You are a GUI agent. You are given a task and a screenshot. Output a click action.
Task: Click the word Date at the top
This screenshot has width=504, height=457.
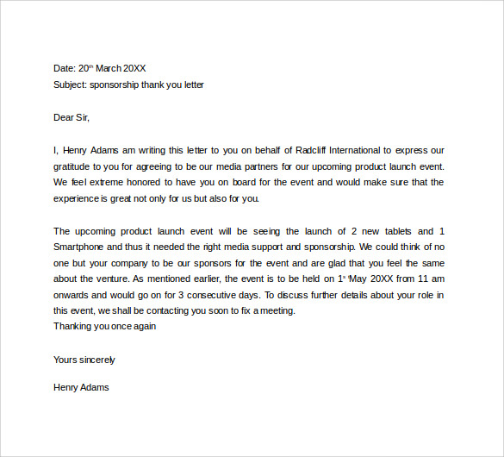pyautogui.click(x=64, y=68)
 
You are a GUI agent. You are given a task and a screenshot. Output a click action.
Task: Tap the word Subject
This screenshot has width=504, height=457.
pyautogui.click(x=70, y=85)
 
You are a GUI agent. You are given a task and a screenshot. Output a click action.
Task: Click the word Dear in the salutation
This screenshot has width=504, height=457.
pyautogui.click(x=64, y=117)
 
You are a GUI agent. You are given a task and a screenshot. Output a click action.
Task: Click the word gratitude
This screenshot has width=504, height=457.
pyautogui.click(x=74, y=166)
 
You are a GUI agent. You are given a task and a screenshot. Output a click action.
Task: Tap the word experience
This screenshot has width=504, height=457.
pyautogui.click(x=76, y=198)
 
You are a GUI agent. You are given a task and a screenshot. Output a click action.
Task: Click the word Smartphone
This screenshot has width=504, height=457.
pyautogui.click(x=80, y=247)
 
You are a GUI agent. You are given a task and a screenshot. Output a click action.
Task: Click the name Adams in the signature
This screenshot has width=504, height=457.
pyautogui.click(x=95, y=387)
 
